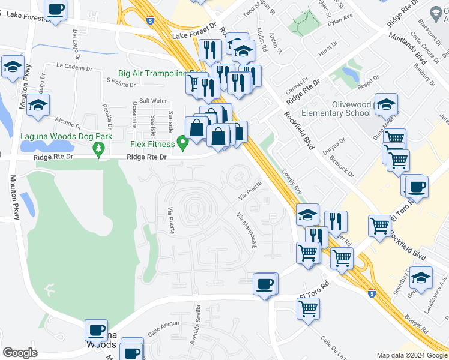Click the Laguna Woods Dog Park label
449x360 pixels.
point(58,136)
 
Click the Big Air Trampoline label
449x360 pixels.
point(153,73)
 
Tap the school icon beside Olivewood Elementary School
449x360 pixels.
point(387,104)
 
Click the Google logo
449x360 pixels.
point(20,353)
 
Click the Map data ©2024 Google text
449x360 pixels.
point(411,355)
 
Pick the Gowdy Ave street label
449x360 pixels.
point(292,181)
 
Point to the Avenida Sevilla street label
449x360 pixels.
point(198,324)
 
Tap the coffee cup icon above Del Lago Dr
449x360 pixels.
point(56,10)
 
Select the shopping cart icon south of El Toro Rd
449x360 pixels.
point(308,309)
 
